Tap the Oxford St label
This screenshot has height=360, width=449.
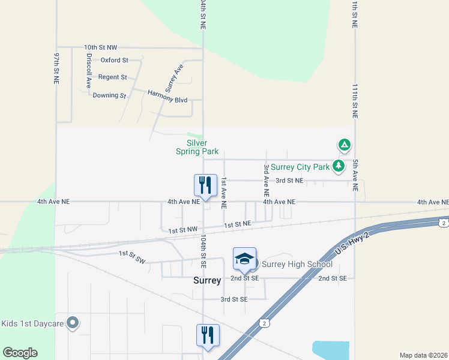click(114, 60)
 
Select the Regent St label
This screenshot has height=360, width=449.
click(112, 77)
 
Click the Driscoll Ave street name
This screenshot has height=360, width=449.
click(89, 71)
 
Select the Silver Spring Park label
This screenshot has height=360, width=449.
click(197, 147)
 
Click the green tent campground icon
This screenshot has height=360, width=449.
click(344, 145)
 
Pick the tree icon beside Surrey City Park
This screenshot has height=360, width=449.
click(339, 166)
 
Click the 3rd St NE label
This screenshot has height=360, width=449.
click(289, 180)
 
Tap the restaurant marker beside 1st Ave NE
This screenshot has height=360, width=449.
click(205, 186)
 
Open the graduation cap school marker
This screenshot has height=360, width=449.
click(244, 259)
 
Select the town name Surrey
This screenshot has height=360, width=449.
click(207, 280)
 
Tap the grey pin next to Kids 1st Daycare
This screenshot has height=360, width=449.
click(73, 323)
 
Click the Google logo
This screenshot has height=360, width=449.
click(20, 353)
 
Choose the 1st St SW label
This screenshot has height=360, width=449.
click(132, 256)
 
